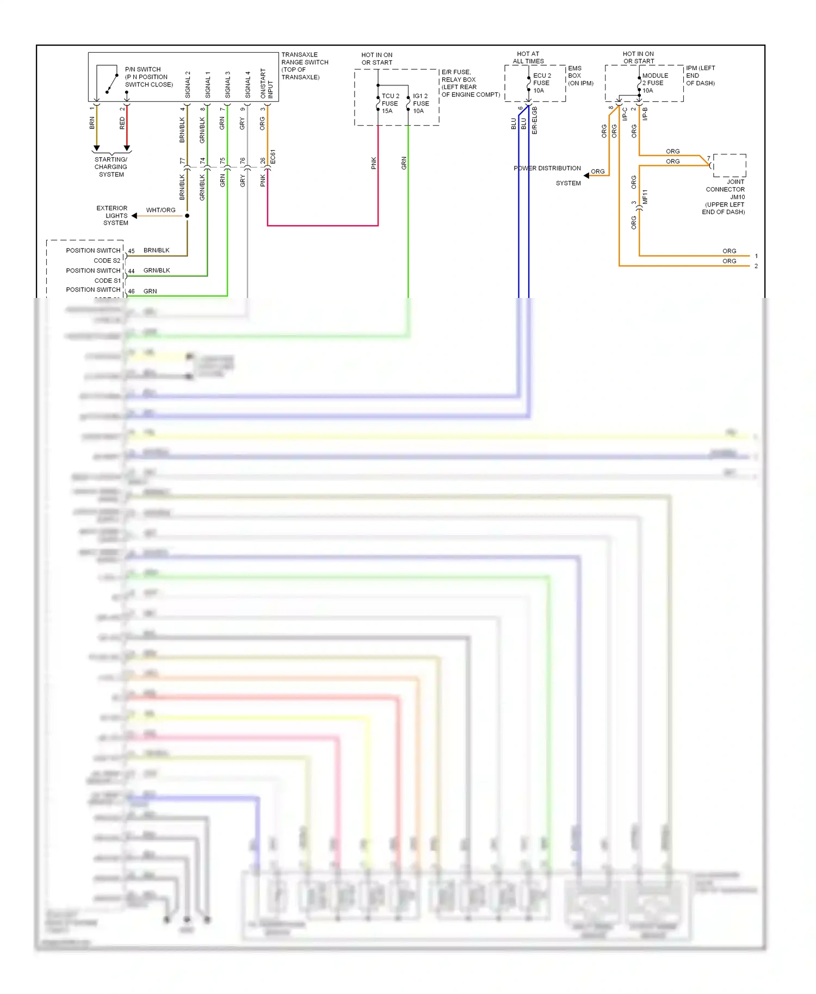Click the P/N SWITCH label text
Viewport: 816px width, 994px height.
coord(143,70)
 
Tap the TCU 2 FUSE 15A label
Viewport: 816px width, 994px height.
coord(390,103)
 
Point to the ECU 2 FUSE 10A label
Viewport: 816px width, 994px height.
coord(541,83)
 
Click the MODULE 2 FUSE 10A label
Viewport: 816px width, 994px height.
coord(655,83)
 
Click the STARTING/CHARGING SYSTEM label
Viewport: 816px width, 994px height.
coord(111,167)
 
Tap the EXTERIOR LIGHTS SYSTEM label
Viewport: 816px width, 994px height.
coord(113,215)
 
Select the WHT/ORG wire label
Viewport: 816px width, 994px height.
coord(160,210)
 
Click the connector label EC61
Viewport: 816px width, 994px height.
coord(273,156)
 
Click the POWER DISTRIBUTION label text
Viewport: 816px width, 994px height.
coord(547,169)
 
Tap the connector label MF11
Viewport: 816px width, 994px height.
coord(645,196)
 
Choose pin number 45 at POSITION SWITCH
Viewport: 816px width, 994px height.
coord(131,251)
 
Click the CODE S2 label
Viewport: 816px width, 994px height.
coord(107,260)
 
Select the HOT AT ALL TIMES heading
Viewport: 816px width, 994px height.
coord(528,58)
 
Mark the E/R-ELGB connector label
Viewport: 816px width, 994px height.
coord(535,120)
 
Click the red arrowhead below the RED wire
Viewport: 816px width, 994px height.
coord(127,148)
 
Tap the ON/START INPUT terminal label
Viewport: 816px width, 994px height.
coord(267,83)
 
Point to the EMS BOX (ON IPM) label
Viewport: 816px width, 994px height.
coord(580,76)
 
